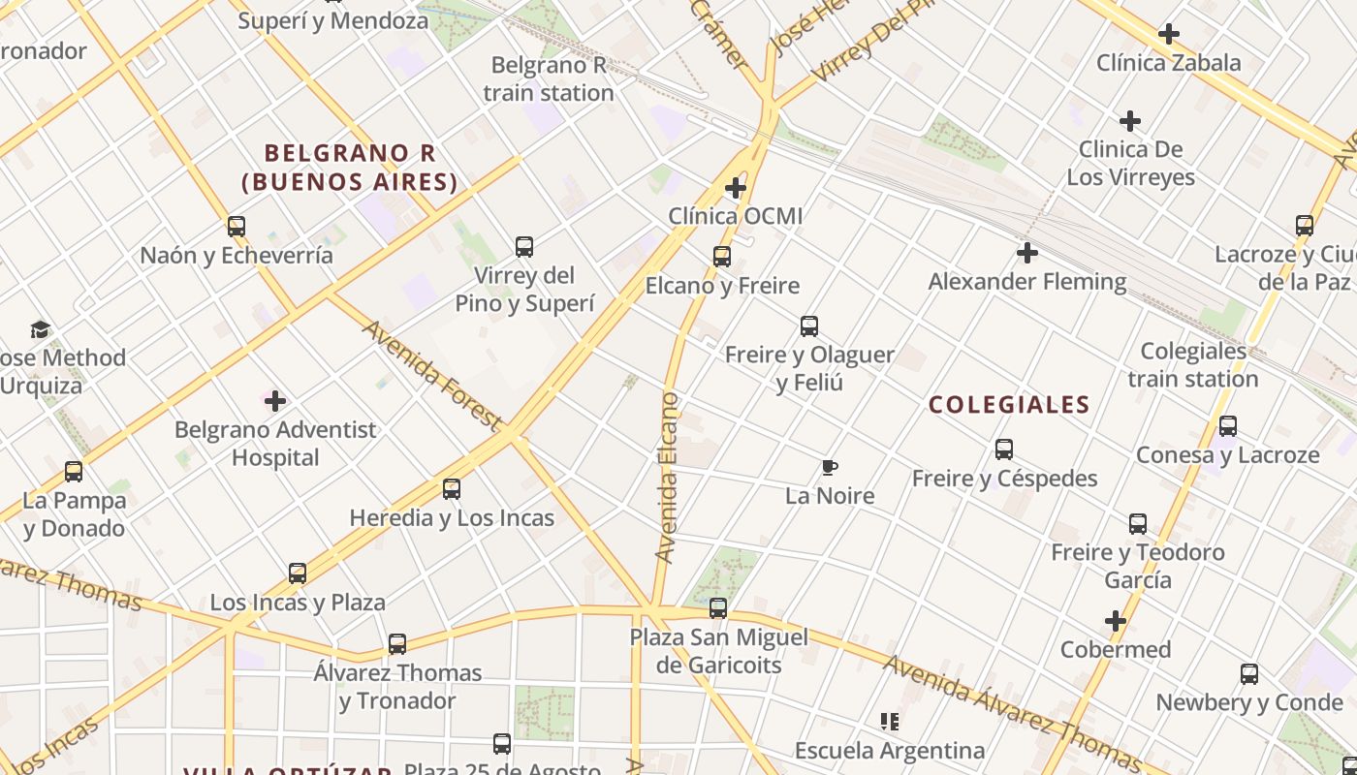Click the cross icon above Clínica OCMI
tap(736, 187)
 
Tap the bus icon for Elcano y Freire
tap(722, 257)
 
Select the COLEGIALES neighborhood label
tap(1009, 405)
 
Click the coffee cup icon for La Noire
tap(830, 468)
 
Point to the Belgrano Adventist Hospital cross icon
tap(275, 400)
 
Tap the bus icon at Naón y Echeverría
tap(237, 227)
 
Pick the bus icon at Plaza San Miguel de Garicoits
tap(718, 608)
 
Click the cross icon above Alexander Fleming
tap(1027, 253)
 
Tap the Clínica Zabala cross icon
tap(1169, 34)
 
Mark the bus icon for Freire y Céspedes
tap(1004, 449)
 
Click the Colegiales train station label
tap(1192, 365)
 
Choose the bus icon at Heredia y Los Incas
tap(452, 489)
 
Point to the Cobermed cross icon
tap(1116, 620)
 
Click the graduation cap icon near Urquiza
tap(40, 329)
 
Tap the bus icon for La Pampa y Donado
tap(74, 472)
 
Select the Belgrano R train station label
tap(549, 79)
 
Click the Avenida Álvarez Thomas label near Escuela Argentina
tap(1013, 713)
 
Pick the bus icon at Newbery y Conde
tap(1249, 674)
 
